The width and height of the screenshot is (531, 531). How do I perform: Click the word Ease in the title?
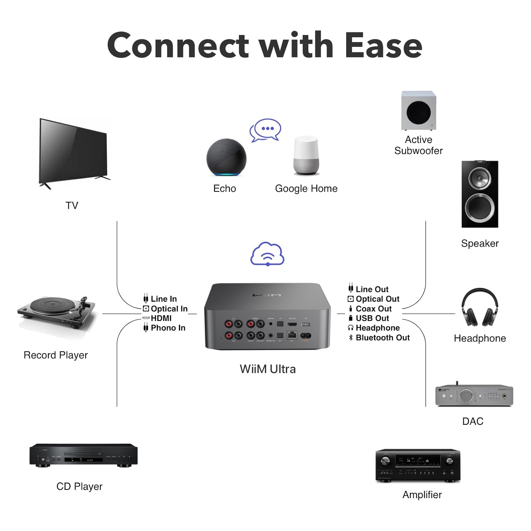(383, 46)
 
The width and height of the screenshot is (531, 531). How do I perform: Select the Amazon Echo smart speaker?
(226, 157)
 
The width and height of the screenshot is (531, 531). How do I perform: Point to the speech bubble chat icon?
(266, 130)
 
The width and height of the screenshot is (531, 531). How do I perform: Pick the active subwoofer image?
(418, 111)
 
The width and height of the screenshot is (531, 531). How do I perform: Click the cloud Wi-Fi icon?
(267, 254)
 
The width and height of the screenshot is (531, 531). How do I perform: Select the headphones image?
(480, 307)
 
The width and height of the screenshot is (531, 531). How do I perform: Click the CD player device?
(83, 455)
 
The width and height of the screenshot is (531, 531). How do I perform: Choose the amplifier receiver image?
(418, 465)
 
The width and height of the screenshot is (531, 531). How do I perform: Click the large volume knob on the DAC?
(466, 396)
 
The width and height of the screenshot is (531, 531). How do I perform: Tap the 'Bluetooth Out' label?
(383, 338)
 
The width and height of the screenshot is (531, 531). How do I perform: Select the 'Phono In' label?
(168, 328)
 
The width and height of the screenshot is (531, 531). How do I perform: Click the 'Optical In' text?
(169, 309)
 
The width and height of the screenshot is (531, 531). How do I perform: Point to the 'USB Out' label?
(372, 318)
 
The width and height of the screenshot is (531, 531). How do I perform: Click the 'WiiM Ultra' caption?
(267, 369)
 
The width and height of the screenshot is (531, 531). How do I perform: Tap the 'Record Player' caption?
(56, 355)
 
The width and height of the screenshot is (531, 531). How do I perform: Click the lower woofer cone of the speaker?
(480, 208)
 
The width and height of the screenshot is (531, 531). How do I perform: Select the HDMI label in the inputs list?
(161, 318)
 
